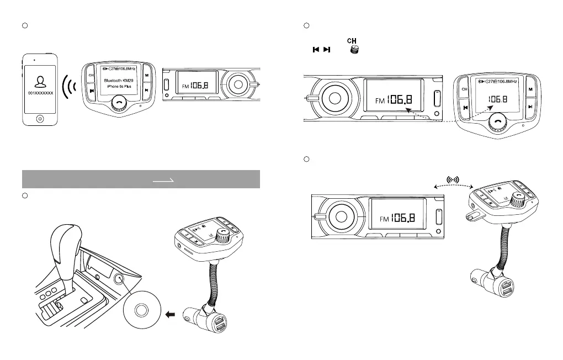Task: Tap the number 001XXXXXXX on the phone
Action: [x=39, y=94]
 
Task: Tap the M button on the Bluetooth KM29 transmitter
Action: [x=146, y=74]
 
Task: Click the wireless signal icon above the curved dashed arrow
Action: [x=453, y=179]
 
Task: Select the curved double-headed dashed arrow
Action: [x=453, y=187]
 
